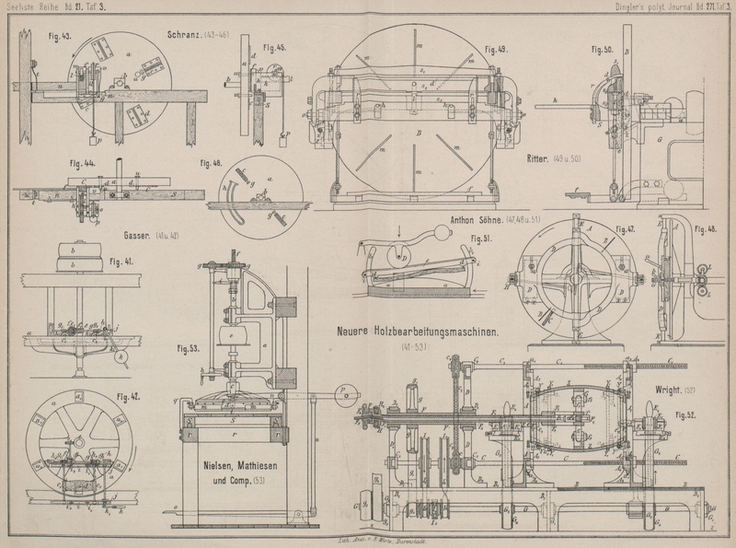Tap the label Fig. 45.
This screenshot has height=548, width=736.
tap(274, 46)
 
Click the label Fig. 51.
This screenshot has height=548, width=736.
tap(479, 239)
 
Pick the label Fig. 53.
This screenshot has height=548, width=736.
tap(190, 349)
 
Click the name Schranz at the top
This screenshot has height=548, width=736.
tap(184, 35)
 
